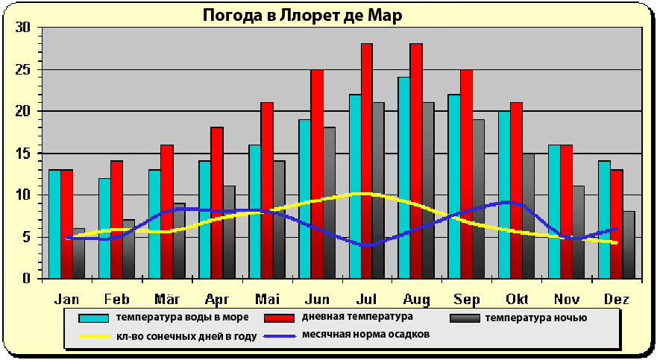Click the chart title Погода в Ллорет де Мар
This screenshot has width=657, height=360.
coord(302,16)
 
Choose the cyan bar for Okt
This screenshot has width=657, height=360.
coord(504,194)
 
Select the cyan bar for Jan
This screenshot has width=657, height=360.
coord(54,224)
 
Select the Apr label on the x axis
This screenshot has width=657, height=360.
coord(216,300)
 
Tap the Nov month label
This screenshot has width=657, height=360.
coord(566,300)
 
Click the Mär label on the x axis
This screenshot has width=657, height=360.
coord(166,300)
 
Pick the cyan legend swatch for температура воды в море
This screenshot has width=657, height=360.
coord(95,318)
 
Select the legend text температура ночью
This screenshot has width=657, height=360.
coord(535,318)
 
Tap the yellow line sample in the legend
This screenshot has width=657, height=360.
coord(95,335)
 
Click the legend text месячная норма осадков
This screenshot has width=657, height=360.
coord(365,335)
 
